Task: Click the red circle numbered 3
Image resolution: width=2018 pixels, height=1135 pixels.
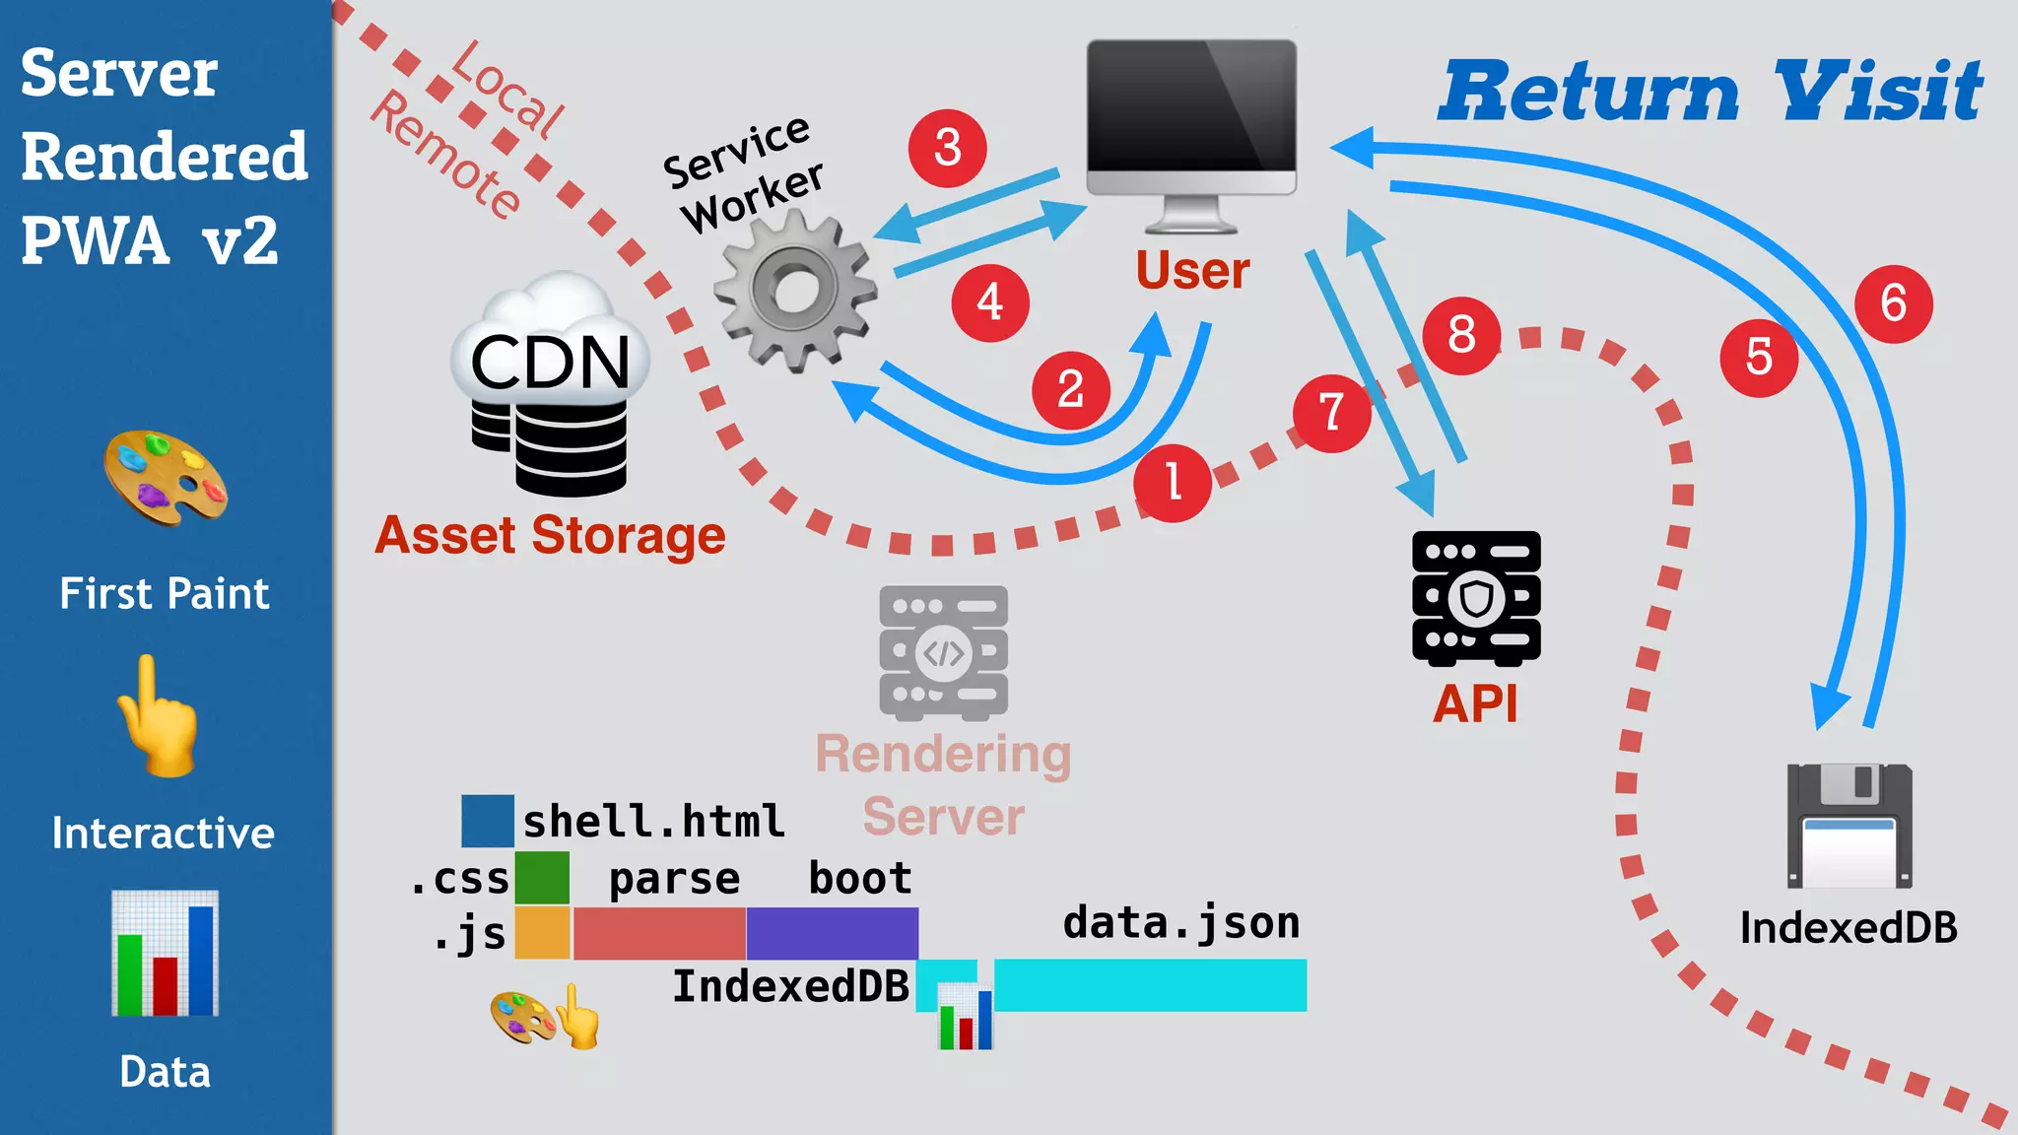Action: pos(947,148)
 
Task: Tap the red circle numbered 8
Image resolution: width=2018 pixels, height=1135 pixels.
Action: pos(1461,335)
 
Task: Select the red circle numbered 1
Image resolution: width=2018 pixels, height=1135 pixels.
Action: pos(1173,483)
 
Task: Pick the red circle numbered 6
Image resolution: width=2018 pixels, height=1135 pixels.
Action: pos(1893,303)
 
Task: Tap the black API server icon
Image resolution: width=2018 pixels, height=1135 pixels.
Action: pos(1476,598)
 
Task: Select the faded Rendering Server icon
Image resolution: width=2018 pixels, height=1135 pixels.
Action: pos(943,652)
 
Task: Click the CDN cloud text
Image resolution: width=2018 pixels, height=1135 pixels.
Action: pos(550,363)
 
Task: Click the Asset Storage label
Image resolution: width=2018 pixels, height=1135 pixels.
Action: pos(550,536)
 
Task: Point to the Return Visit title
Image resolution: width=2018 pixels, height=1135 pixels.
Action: pos(1710,92)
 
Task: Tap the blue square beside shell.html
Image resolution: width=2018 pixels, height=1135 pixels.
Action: pos(487,821)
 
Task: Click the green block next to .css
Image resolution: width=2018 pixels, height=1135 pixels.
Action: pos(542,877)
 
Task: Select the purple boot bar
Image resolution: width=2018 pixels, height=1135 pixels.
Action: pos(832,933)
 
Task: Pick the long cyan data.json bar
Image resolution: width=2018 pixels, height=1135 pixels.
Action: pos(1150,984)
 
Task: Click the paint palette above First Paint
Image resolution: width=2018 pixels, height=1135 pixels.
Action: pos(166,478)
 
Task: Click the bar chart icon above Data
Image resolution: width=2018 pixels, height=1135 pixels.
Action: pos(165,953)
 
